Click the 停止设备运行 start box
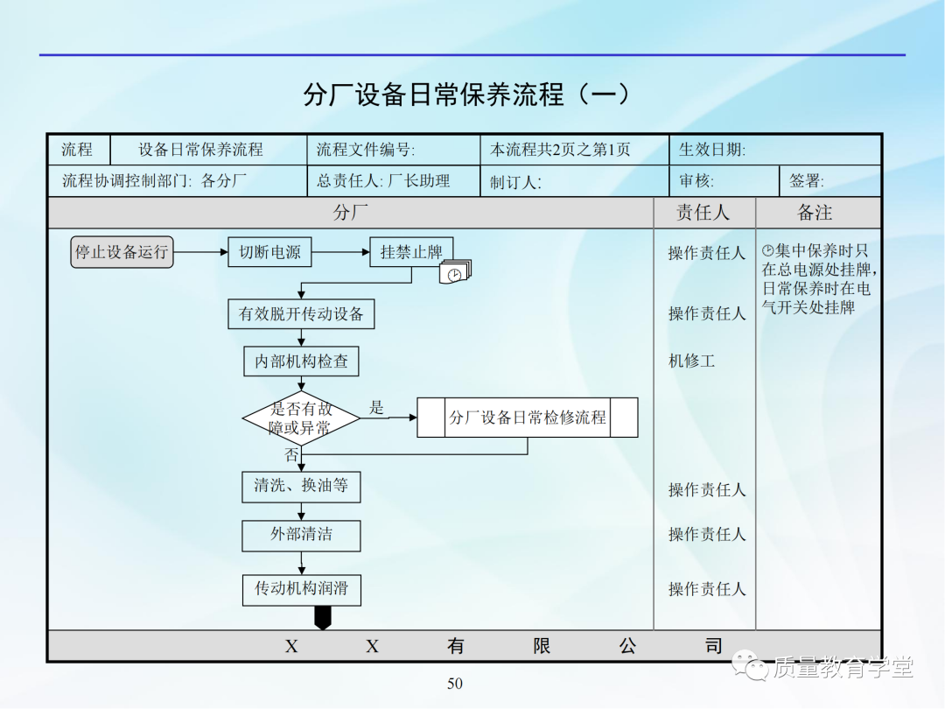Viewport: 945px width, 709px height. pyautogui.click(x=122, y=252)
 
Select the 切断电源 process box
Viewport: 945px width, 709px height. pyautogui.click(x=269, y=252)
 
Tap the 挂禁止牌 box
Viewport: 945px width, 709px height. pyautogui.click(x=411, y=252)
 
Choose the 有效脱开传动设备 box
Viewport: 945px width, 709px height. pyautogui.click(x=301, y=313)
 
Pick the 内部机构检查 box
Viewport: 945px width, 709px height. pyautogui.click(x=301, y=361)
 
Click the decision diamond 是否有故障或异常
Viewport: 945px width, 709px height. pyautogui.click(x=301, y=418)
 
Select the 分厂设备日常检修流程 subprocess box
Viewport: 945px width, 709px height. pyautogui.click(x=528, y=418)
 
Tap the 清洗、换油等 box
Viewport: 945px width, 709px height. pyautogui.click(x=301, y=486)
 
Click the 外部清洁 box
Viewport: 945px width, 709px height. pyautogui.click(x=301, y=534)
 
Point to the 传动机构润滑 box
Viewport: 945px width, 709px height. pyautogui.click(x=301, y=588)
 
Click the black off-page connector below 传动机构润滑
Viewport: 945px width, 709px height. pyautogui.click(x=323, y=618)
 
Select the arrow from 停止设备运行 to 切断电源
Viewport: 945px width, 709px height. pyautogui.click(x=200, y=252)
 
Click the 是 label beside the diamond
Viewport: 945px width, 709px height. pyautogui.click(x=376, y=407)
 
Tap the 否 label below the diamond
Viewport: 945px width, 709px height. pyautogui.click(x=291, y=455)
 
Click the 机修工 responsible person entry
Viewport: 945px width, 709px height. pyautogui.click(x=691, y=361)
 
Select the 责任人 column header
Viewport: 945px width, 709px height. pyautogui.click(x=703, y=213)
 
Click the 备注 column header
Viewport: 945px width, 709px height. pyautogui.click(x=815, y=213)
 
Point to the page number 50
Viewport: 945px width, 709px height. pyautogui.click(x=455, y=684)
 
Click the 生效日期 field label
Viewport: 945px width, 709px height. pyautogui.click(x=712, y=150)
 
